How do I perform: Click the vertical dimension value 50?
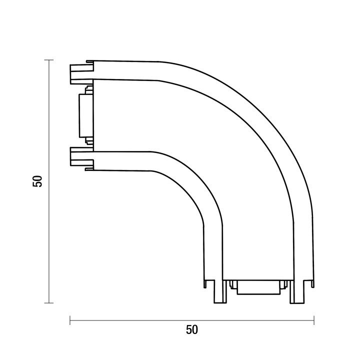coord(37,181)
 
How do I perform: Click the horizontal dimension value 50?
coord(192,330)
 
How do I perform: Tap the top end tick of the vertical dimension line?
coord(49,60)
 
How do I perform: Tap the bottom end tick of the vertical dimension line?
coord(49,302)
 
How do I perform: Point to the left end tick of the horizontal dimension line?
coord(70,320)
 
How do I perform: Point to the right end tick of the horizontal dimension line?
coord(313,320)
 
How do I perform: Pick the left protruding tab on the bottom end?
coord(219,292)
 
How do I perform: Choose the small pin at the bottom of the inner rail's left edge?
coord(204,283)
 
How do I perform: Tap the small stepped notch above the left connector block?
coord(89,90)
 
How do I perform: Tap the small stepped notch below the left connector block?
coord(89,141)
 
